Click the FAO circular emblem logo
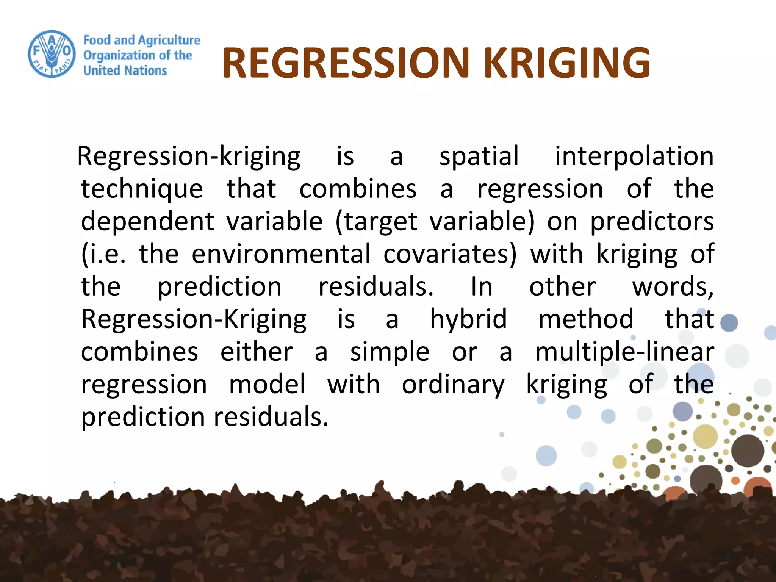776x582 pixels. [52, 54]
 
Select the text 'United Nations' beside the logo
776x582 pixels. [125, 70]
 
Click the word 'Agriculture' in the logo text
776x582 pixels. [169, 40]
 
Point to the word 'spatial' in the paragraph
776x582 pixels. [479, 156]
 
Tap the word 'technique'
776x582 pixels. [142, 189]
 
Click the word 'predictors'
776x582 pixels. [652, 222]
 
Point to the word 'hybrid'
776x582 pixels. [468, 319]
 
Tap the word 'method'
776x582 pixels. [586, 319]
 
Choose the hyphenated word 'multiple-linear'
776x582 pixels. [624, 352]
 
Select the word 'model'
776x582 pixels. [267, 384]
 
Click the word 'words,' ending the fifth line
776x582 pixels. [673, 287]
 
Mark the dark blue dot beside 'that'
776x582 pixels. [729, 323]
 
